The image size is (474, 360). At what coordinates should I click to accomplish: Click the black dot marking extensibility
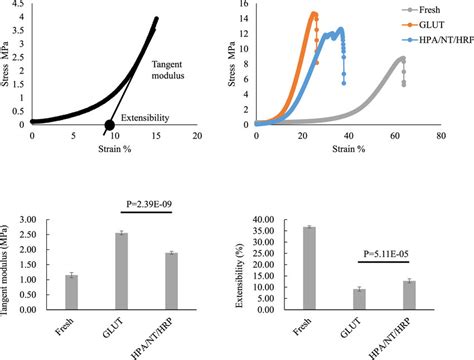tap(109, 124)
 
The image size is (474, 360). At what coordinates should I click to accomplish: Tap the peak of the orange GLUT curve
tap(314, 14)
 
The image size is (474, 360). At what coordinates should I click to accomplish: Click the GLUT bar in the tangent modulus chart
tap(121, 263)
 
